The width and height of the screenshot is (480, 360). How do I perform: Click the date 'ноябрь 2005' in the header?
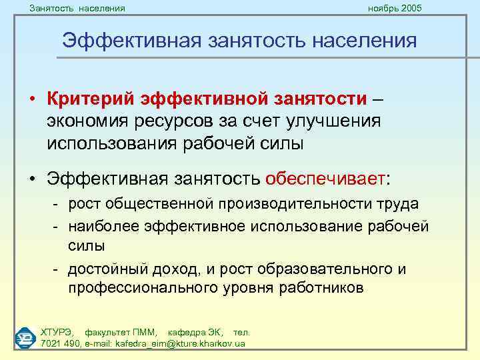[x=395, y=8]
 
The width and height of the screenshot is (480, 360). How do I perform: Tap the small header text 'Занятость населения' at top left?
[x=77, y=8]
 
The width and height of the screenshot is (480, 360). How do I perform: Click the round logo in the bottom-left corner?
[x=25, y=337]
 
